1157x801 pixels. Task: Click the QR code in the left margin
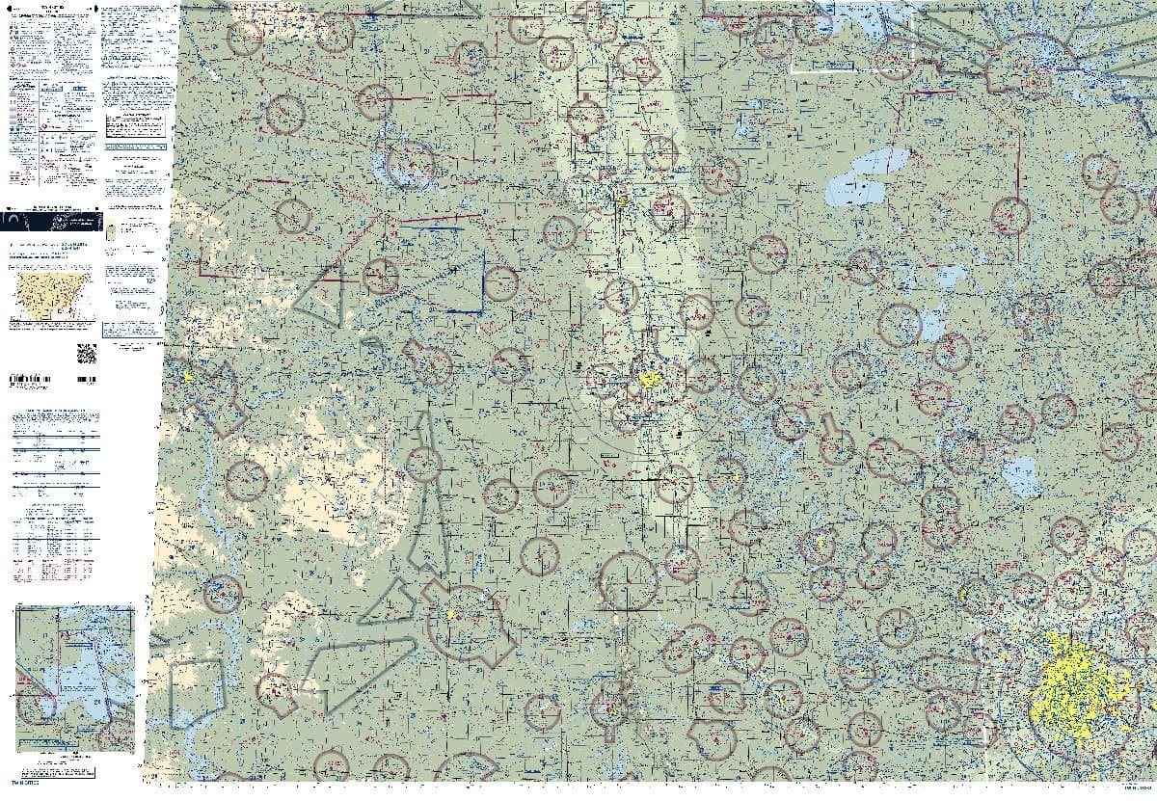86,353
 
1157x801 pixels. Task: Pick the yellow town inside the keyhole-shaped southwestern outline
450,614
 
